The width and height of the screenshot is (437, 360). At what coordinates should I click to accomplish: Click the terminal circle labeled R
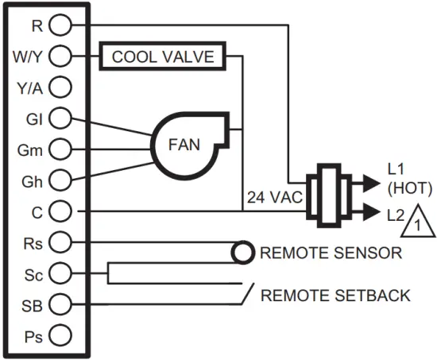point(60,25)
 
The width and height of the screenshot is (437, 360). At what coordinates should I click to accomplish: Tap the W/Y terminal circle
point(60,56)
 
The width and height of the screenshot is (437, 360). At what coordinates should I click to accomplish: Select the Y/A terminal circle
point(60,87)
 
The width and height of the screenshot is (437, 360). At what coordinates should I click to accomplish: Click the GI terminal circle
point(60,118)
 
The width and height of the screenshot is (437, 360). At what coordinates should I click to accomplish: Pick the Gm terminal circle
point(60,149)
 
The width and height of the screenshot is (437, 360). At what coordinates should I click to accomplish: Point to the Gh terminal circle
point(60,180)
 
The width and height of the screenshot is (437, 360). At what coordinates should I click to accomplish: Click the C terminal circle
point(60,211)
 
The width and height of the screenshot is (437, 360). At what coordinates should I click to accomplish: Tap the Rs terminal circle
point(60,242)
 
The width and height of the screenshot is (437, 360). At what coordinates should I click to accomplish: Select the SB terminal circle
point(60,304)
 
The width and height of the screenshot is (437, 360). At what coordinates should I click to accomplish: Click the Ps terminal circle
point(60,335)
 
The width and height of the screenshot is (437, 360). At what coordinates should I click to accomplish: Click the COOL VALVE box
point(162,57)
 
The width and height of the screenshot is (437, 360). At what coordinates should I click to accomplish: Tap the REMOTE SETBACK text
point(335,296)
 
